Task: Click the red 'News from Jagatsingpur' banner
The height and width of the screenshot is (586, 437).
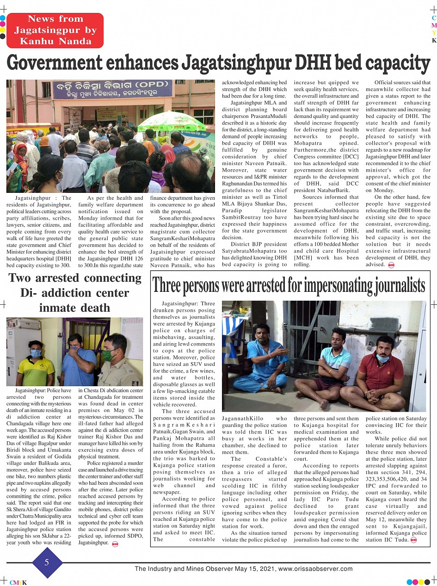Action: tap(55, 31)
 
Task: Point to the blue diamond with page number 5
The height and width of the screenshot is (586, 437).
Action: tap(47, 562)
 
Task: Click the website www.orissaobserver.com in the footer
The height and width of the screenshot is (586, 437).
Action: tap(315, 569)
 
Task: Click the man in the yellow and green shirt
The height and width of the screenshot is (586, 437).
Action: tap(36, 365)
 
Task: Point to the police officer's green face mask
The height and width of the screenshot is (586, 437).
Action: tap(108, 355)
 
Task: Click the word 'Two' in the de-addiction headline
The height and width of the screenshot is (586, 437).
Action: tap(23, 278)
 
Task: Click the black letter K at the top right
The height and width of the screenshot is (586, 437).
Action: tap(434, 40)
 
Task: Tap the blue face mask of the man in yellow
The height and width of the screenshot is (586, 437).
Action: tap(36, 354)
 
